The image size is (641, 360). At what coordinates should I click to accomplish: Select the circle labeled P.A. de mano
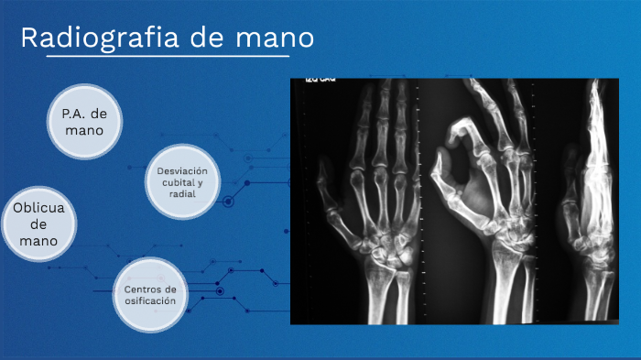point(84,122)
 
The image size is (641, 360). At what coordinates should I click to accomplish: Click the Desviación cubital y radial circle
point(182,181)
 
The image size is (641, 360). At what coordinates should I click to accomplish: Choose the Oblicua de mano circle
point(38,224)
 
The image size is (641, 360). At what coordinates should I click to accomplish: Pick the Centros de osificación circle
point(149,296)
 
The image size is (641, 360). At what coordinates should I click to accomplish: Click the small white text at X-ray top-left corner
point(317,82)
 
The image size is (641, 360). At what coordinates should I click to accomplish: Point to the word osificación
point(149,301)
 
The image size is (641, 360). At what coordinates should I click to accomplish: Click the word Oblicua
point(38,208)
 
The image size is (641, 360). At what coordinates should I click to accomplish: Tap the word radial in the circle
point(182,193)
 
